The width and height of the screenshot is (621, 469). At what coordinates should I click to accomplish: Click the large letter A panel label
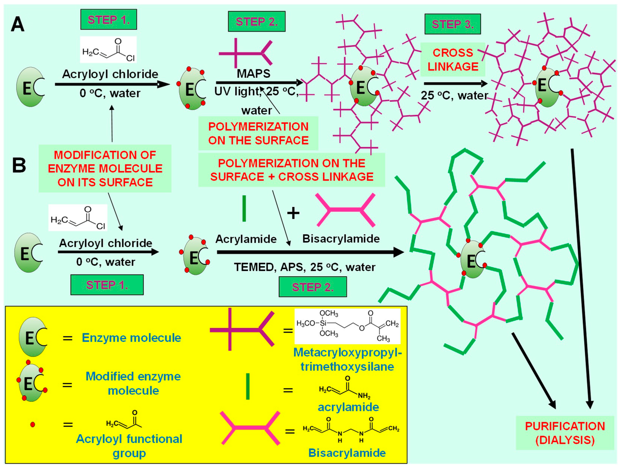[x=17, y=25]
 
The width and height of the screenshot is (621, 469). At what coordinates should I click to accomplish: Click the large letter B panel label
[x=19, y=166]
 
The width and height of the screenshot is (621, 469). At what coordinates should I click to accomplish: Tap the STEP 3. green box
[x=452, y=24]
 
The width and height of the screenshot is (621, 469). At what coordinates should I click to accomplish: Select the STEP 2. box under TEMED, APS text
[x=312, y=287]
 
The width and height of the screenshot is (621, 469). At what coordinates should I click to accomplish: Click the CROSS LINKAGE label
[x=453, y=60]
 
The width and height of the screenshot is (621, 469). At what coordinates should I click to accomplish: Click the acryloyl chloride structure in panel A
[x=108, y=50]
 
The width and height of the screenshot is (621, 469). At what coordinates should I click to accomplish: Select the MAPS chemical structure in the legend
[x=347, y=326]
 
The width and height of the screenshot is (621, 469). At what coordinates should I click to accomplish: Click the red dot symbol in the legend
[x=33, y=424]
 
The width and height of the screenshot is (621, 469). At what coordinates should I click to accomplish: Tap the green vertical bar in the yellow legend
[x=248, y=386]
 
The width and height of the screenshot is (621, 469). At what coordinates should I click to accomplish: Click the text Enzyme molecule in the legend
[x=131, y=338]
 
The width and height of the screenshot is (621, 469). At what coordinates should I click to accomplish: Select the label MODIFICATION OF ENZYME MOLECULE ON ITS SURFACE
[x=105, y=168]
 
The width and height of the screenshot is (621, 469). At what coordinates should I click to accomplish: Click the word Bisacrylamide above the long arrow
[x=341, y=239]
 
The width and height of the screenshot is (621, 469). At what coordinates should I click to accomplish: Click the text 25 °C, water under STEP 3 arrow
[x=454, y=96]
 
